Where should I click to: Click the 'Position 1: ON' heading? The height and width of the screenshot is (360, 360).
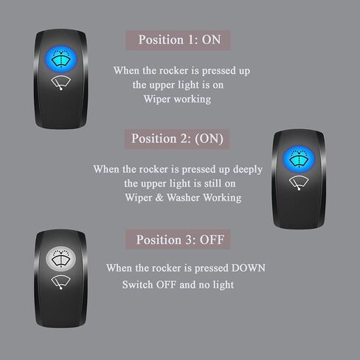(x=179, y=40)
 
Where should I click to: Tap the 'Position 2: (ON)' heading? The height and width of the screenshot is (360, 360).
(x=177, y=139)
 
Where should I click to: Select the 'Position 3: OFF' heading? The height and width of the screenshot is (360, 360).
(x=180, y=240)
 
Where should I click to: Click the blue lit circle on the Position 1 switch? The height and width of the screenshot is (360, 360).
(x=60, y=59)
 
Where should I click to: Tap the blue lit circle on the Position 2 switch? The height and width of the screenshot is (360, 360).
(x=299, y=159)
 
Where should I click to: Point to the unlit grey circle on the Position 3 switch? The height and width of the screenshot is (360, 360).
(x=60, y=259)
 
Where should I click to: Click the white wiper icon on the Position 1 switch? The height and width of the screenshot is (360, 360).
(x=60, y=83)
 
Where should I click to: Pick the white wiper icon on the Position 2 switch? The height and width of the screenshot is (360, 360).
(x=299, y=183)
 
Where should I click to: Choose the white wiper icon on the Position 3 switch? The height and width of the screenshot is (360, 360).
(x=60, y=283)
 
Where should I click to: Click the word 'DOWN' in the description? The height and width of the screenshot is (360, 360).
(x=249, y=268)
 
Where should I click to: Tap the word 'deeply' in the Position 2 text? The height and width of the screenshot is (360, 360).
(x=248, y=170)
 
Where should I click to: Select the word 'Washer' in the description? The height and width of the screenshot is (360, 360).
(x=183, y=198)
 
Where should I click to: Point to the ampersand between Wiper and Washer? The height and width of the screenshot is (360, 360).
(x=159, y=198)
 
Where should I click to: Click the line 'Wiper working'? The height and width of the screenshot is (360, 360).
(x=177, y=100)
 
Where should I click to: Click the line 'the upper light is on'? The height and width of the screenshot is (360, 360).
(x=178, y=85)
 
